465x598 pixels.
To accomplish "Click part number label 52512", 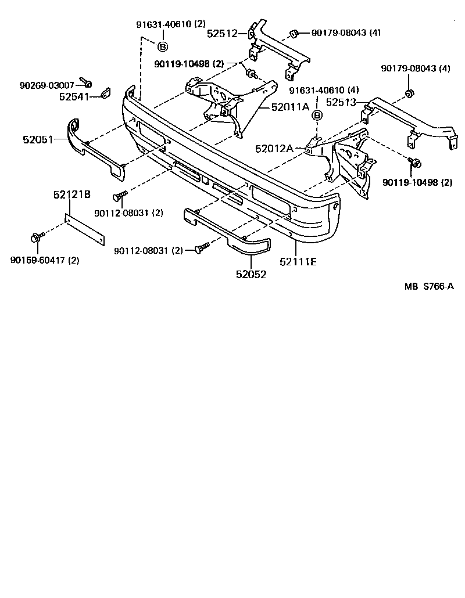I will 222,34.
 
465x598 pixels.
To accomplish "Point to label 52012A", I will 274,149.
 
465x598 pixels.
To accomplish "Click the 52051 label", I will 38,139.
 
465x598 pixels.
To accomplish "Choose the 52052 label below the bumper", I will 251,275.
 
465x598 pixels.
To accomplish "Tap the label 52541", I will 74,96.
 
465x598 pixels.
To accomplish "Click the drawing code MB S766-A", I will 429,286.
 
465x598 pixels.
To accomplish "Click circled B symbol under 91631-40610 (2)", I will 163,46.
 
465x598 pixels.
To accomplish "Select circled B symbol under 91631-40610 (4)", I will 317,115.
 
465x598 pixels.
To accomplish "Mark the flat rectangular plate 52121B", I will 84,230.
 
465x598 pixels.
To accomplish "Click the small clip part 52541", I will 105,93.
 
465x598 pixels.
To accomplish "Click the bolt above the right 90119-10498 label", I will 414,163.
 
